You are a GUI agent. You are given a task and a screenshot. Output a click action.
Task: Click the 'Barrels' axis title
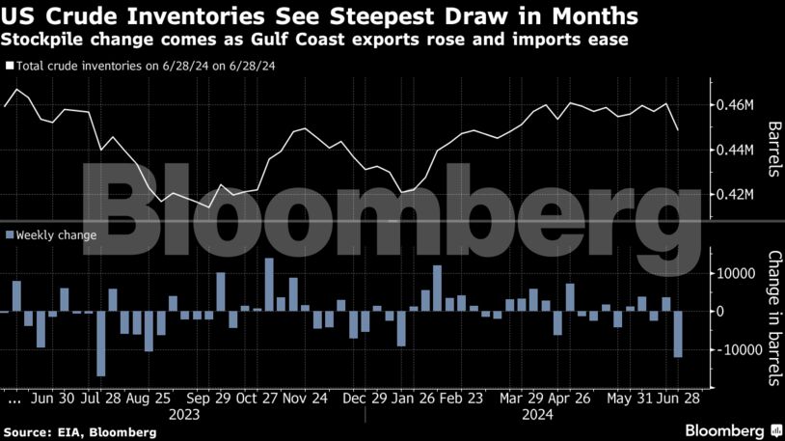point(772,150)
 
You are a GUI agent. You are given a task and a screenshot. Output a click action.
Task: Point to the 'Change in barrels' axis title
point(772,318)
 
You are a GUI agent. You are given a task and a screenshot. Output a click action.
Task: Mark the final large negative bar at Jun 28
point(678,334)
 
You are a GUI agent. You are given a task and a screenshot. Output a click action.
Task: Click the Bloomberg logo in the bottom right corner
point(733,429)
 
